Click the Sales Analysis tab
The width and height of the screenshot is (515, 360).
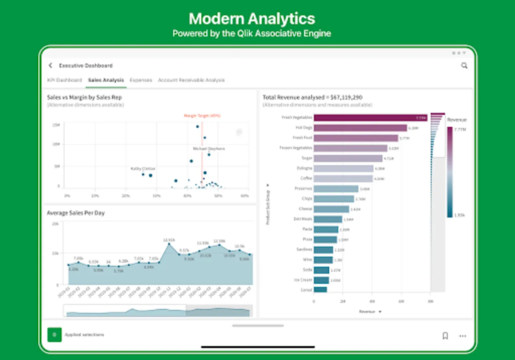pos(106,80)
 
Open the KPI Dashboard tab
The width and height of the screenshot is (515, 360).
pos(64,80)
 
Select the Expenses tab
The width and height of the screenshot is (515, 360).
pos(141,80)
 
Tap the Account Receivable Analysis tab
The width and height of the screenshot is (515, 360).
pos(191,80)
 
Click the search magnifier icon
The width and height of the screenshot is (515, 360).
pos(464,66)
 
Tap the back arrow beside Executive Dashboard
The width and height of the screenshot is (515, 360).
pos(50,66)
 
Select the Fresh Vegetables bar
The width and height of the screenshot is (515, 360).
pos(370,118)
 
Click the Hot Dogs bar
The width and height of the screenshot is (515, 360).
pos(360,128)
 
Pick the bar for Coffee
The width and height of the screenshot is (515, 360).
pos(343,178)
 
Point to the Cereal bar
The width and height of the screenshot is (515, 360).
pos(320,290)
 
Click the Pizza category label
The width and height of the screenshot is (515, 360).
pos(307,239)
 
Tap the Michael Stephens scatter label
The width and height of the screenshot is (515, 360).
pos(209,149)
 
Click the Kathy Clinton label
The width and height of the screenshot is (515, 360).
pos(143,169)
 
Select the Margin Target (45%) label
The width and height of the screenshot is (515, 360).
pos(202,116)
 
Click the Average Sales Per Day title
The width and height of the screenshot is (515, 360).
pos(76,213)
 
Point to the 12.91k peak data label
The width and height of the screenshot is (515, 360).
pos(169,240)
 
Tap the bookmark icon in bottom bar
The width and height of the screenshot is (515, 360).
pos(445,336)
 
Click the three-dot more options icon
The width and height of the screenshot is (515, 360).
pos(463,336)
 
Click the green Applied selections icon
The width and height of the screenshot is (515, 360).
pos(54,335)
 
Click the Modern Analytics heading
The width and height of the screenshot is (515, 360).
pos(252,19)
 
